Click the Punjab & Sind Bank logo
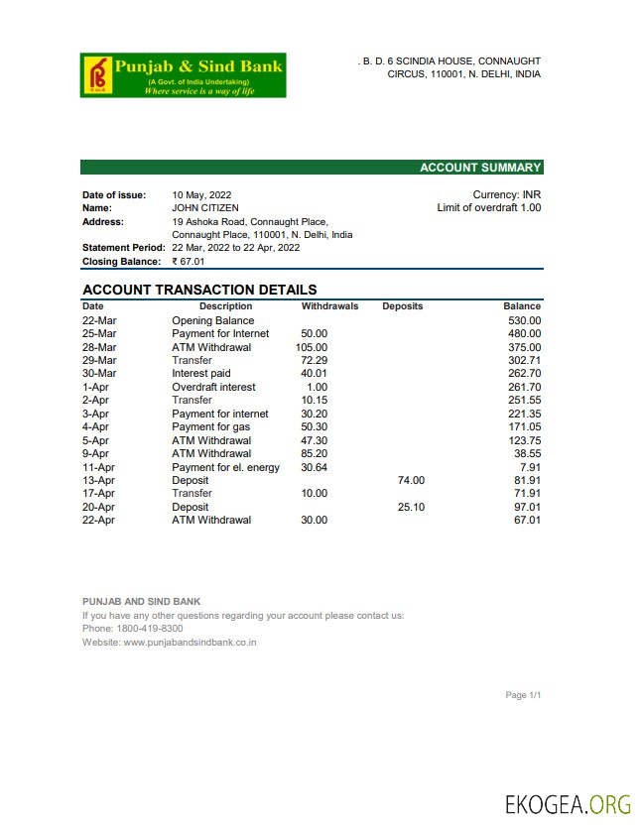183,75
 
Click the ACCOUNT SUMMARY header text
480,168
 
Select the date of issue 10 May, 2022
201,195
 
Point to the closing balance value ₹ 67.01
188,262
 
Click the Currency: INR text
506,195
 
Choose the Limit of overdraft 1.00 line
488,208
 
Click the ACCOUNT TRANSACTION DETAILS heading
199,290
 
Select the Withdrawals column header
329,306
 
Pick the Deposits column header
402,306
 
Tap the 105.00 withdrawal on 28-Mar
312,348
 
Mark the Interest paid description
201,374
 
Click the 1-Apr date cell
95,388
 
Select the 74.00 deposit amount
411,481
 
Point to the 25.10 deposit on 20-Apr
411,507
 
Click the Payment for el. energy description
226,467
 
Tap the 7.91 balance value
530,467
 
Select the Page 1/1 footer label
523,695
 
